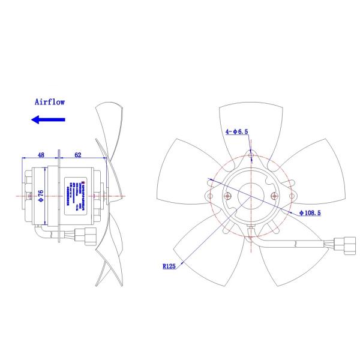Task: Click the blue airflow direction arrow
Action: click(x=48, y=120)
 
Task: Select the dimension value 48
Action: click(x=41, y=155)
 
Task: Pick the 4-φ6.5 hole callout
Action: click(x=238, y=131)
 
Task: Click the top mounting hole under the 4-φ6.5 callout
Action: click(x=251, y=155)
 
